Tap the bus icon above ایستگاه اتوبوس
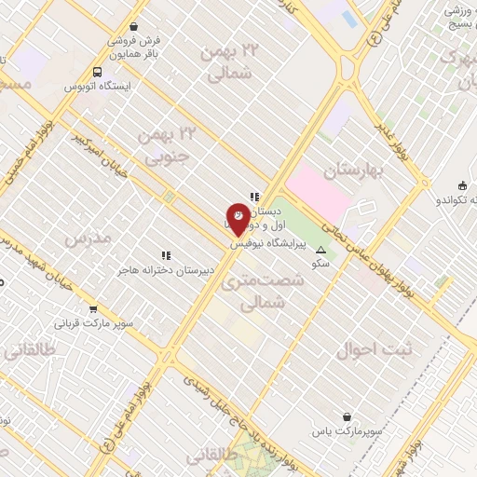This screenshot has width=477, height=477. [x=98, y=71]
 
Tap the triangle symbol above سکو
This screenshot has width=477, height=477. [x=321, y=250]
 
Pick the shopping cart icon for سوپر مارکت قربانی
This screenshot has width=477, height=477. [x=92, y=309]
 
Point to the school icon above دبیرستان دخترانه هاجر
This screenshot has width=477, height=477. [x=165, y=254]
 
